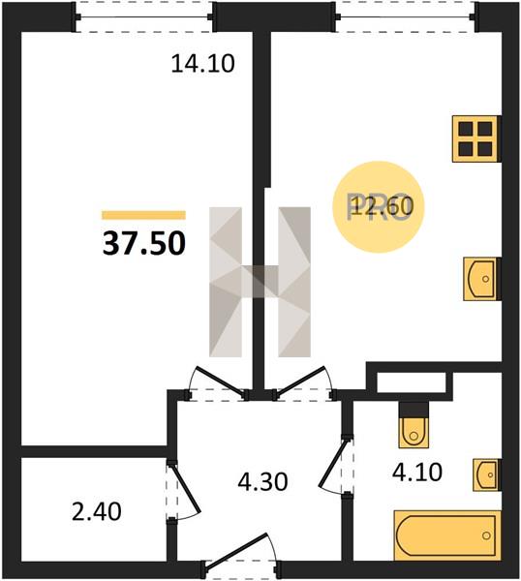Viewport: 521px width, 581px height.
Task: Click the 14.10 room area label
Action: (202, 63)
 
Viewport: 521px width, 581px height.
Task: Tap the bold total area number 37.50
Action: (143, 243)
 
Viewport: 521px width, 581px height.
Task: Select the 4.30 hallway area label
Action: (262, 481)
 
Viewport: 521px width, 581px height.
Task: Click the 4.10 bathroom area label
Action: (417, 472)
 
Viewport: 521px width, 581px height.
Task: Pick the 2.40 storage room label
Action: (96, 511)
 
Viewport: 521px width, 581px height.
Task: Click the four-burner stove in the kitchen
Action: (476, 138)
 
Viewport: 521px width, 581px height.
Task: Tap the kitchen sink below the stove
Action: (481, 279)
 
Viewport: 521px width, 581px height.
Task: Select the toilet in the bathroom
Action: (414, 425)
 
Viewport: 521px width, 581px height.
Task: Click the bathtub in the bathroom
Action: (447, 535)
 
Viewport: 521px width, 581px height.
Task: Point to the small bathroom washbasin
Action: (486, 474)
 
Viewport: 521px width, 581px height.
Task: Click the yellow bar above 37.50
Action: (143, 215)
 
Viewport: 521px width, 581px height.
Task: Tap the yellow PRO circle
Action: (378, 207)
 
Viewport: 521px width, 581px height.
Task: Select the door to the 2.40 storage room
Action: (183, 490)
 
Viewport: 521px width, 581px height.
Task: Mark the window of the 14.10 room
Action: (143, 17)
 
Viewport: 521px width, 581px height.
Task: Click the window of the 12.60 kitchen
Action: (406, 17)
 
